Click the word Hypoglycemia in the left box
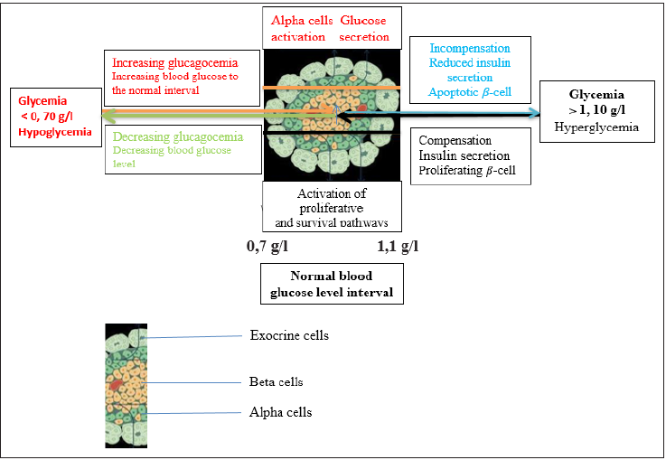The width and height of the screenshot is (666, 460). coord(54,132)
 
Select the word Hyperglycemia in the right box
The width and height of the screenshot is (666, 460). coord(596,127)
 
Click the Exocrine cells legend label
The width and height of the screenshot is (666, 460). coord(289,336)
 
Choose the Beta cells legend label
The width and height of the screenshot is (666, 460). coord(276,381)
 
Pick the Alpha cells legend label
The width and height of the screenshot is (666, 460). coord(280,412)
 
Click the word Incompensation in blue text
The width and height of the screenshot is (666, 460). coord(469,48)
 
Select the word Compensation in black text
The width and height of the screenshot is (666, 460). coord(455,141)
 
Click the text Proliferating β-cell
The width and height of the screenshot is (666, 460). coord(467,171)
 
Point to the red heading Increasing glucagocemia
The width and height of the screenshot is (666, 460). coord(174,62)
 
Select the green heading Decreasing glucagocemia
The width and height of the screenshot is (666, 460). coord(178,136)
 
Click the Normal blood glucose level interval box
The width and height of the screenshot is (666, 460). coord(332,284)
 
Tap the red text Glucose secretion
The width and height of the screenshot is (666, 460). coord(365,29)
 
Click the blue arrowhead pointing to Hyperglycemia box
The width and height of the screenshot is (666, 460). coord(533,113)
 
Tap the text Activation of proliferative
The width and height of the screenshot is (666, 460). coord(332,202)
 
